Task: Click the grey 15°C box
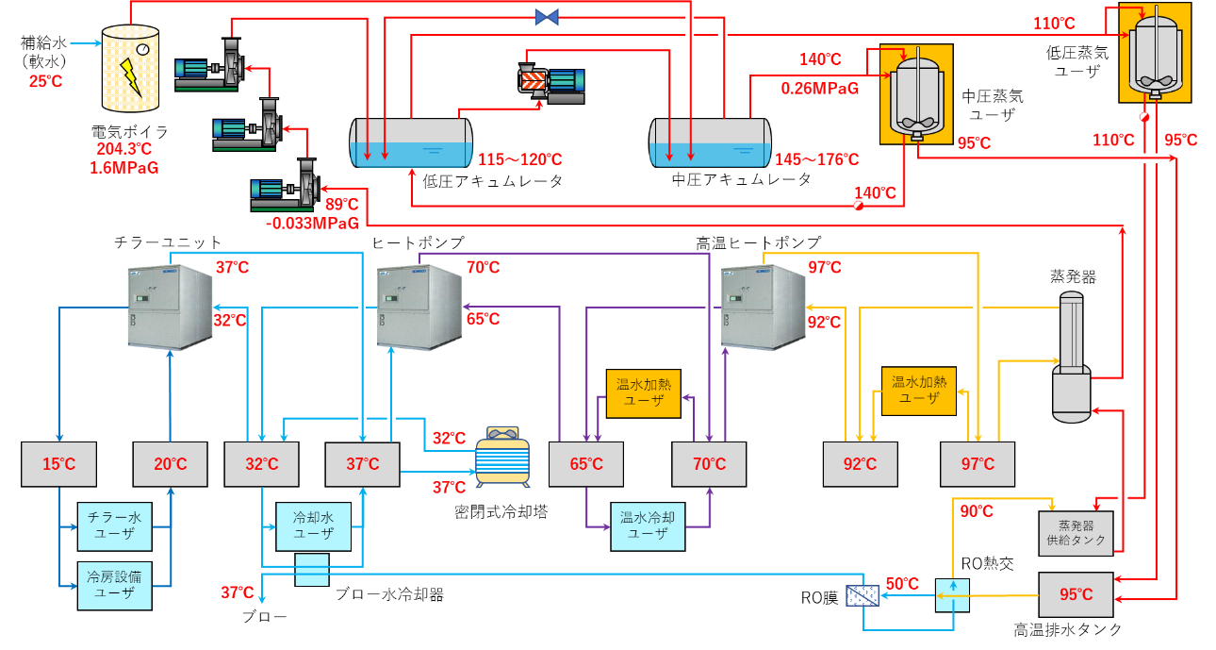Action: tap(58, 464)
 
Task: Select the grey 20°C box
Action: tap(171, 464)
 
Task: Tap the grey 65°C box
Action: tap(585, 464)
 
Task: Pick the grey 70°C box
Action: tap(709, 464)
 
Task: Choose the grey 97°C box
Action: tap(978, 464)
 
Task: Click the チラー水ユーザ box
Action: tap(114, 526)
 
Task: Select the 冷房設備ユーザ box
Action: tap(114, 585)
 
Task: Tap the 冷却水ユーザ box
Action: tap(314, 525)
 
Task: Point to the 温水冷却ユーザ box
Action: tap(648, 525)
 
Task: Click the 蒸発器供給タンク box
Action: tap(1076, 533)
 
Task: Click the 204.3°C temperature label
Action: tap(124, 149)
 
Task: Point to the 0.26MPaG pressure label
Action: tap(820, 89)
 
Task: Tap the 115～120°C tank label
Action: tap(520, 159)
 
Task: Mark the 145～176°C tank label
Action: tap(817, 159)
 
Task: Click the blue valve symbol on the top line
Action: tap(547, 16)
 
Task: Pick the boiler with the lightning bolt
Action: tap(130, 68)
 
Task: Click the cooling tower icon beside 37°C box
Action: tap(502, 458)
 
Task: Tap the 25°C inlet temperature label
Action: tap(45, 82)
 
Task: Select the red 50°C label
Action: tap(902, 584)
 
